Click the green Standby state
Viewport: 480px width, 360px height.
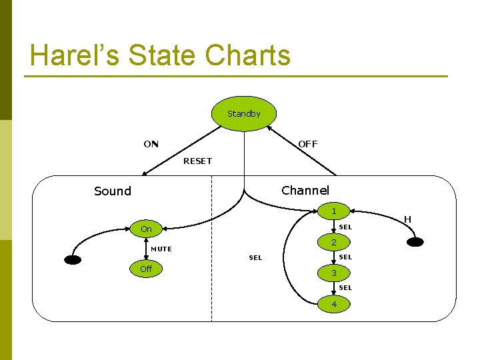244,113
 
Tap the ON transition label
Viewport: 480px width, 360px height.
151,144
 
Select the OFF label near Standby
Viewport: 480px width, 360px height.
308,144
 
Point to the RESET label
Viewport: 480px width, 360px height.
197,161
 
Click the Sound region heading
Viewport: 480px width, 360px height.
113,191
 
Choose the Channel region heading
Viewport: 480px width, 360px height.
305,191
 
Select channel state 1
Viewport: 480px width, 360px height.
334,211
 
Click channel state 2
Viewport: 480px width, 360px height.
334,242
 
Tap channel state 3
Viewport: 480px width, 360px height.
334,273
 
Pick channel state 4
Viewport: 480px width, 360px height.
334,305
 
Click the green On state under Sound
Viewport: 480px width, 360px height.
146,229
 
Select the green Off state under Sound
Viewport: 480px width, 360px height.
146,269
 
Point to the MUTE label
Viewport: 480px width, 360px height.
161,249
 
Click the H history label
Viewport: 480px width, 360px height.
407,219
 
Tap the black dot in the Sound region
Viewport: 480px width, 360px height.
73,260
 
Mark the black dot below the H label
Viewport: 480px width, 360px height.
415,242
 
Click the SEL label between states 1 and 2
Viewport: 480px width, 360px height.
345,227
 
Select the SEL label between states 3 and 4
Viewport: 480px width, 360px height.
345,288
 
